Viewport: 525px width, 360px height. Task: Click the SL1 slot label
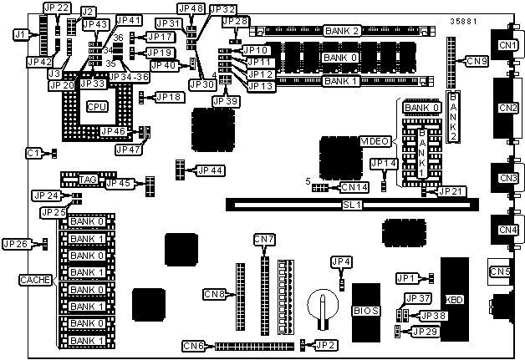(352, 204)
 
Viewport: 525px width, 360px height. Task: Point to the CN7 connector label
(264, 241)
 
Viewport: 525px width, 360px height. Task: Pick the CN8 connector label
(215, 293)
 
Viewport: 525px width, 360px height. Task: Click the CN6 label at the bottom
(194, 345)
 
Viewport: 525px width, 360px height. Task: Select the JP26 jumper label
(15, 244)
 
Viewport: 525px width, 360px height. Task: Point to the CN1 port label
(507, 43)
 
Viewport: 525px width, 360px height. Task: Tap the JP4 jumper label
(342, 261)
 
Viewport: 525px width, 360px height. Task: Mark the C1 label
(33, 153)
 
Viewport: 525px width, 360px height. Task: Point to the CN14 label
(354, 187)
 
